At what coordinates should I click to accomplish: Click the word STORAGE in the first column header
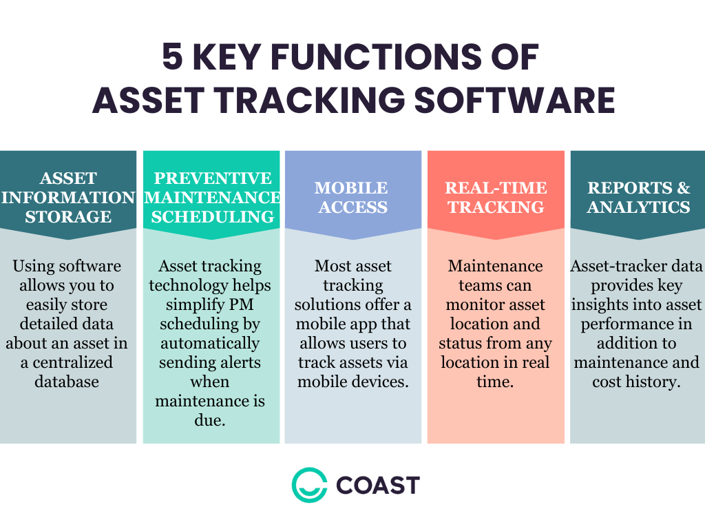tap(68, 216)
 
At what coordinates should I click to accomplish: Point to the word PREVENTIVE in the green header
tap(212, 178)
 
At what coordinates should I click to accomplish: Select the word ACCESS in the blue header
tap(352, 207)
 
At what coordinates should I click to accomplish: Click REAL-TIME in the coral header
tap(496, 188)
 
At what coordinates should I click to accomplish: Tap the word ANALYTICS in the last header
tap(638, 207)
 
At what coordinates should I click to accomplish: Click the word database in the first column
tap(67, 382)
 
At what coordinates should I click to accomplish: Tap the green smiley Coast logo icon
tap(308, 485)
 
